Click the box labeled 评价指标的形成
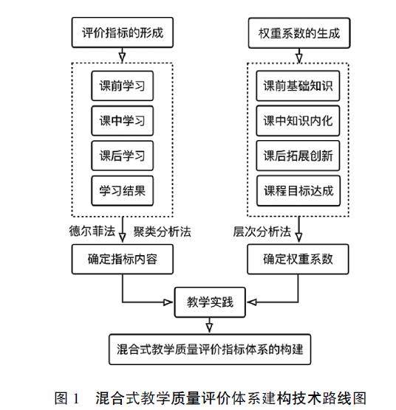[x=123, y=32]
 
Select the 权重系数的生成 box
[x=298, y=33]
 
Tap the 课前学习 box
[x=123, y=86]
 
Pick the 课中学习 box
[x=123, y=120]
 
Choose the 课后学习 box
[x=123, y=156]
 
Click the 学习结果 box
[x=123, y=190]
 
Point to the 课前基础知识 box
[x=298, y=86]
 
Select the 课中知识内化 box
[x=298, y=120]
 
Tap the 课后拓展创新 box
[x=298, y=156]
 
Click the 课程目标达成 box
[x=298, y=190]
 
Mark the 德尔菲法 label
[x=92, y=231]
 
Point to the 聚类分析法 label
[x=162, y=232]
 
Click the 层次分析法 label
[x=262, y=232]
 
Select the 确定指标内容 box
[x=123, y=259]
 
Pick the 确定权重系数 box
[x=298, y=259]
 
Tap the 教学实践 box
[x=210, y=302]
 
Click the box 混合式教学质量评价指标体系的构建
[x=210, y=350]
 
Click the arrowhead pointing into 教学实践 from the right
[x=252, y=302]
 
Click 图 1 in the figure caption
[x=66, y=398]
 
